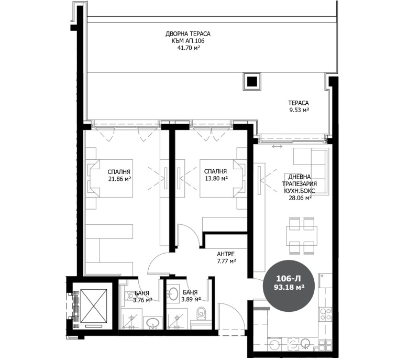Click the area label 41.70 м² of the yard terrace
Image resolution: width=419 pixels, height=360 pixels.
190,47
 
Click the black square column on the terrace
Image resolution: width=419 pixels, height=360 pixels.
252,81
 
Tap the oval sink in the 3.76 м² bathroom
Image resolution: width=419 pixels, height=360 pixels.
152,322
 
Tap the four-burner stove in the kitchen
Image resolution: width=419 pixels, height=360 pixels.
325,314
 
